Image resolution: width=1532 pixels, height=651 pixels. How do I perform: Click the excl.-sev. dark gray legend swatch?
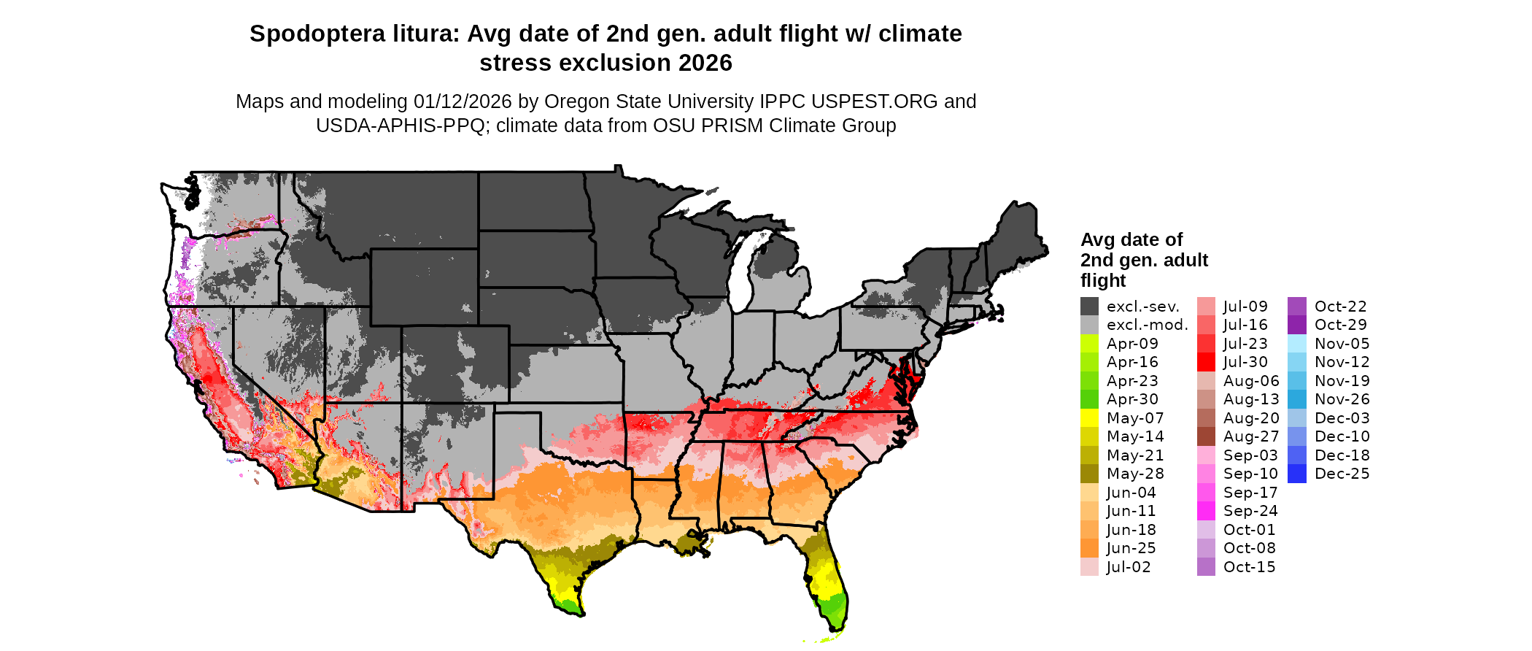(x=1089, y=307)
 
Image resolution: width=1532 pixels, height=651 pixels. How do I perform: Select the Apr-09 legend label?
(x=1132, y=344)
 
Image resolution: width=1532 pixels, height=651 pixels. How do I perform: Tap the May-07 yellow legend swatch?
(x=1089, y=418)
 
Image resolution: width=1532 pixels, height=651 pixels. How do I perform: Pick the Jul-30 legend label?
(x=1245, y=362)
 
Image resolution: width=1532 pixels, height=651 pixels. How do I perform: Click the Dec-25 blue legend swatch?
(x=1297, y=474)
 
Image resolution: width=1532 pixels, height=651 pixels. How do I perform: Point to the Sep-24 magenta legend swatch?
(x=1206, y=511)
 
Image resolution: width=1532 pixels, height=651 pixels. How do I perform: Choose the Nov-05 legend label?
(x=1342, y=344)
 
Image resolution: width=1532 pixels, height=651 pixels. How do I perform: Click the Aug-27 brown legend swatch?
(x=1206, y=436)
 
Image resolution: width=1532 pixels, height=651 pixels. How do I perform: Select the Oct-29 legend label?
(x=1340, y=325)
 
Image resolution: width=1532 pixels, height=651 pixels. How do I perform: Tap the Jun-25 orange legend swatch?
(x=1089, y=548)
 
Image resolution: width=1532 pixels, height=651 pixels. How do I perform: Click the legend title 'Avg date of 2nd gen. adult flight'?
(x=1143, y=260)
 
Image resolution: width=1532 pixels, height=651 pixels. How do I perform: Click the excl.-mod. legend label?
(x=1147, y=325)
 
